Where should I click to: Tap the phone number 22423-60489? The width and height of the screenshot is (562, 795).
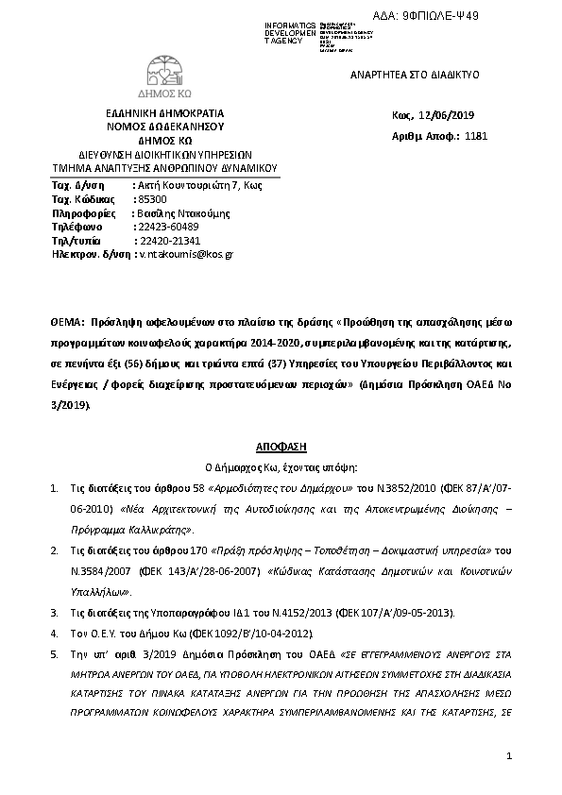click(168, 227)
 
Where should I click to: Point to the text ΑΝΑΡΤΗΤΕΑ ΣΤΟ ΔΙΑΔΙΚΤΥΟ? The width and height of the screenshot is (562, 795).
click(403, 73)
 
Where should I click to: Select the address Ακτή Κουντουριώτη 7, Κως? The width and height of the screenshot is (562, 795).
click(199, 185)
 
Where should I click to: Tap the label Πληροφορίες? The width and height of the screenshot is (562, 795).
click(83, 213)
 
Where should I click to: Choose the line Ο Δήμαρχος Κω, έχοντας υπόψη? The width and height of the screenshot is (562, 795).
click(281, 466)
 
